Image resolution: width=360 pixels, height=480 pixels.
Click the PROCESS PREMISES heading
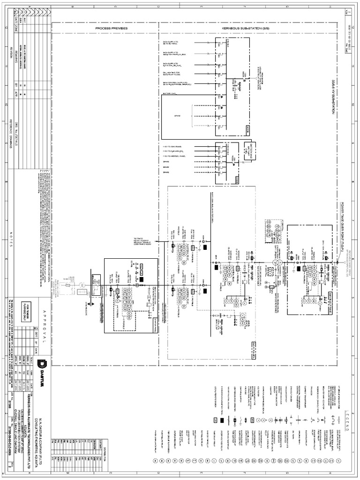point(112,29)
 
